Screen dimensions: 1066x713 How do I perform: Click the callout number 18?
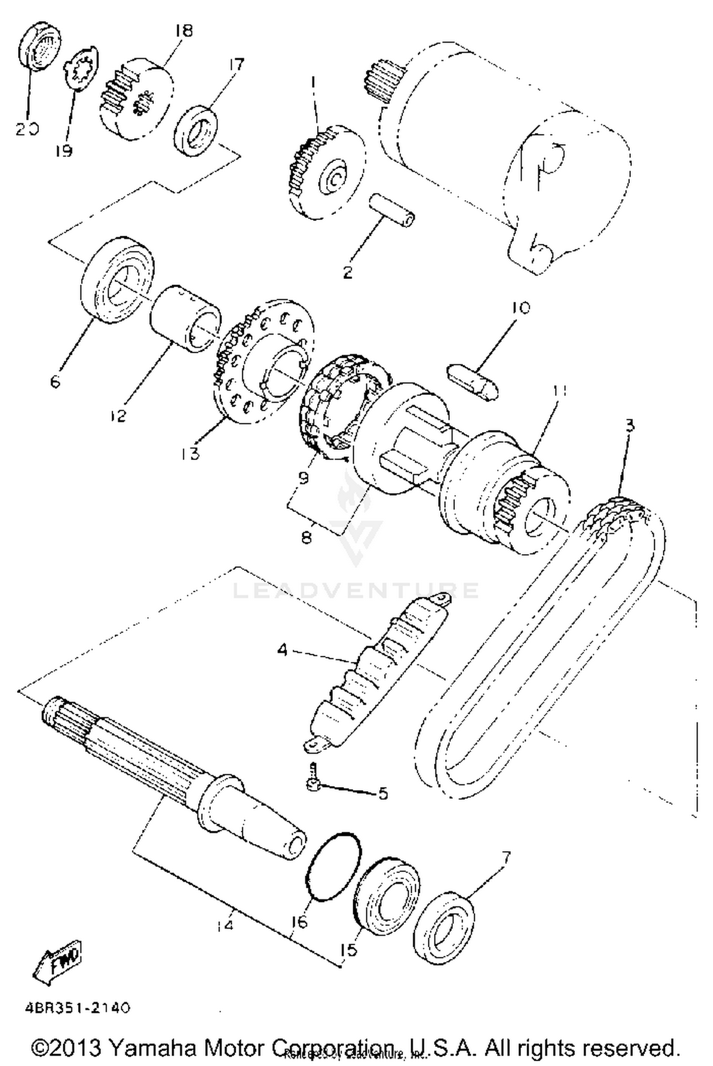pyautogui.click(x=183, y=31)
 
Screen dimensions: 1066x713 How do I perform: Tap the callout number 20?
pyautogui.click(x=27, y=129)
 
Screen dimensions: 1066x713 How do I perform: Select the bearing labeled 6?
pyautogui.click(x=118, y=281)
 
